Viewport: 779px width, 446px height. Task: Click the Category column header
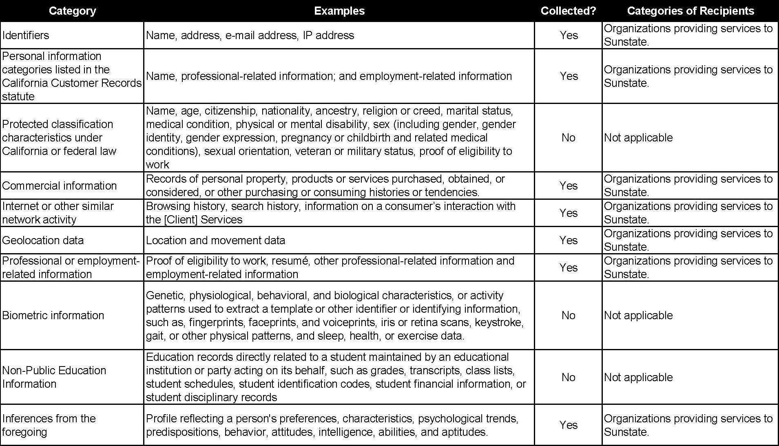72,11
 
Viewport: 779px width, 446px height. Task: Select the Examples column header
339,11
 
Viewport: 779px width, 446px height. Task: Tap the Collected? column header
568,11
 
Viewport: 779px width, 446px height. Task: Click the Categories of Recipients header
690,11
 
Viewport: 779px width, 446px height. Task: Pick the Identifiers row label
26,35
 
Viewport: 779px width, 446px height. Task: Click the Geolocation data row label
43,241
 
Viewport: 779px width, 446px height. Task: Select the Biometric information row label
53,316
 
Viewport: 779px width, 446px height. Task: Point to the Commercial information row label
60,186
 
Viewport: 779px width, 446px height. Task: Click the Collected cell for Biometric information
568,316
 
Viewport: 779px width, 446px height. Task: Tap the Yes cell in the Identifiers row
569,35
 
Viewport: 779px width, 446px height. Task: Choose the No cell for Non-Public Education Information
568,378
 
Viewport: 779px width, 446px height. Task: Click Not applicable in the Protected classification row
638,138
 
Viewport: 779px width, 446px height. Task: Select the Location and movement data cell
215,241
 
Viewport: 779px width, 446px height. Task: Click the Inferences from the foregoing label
49,425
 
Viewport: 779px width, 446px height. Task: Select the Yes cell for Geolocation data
569,241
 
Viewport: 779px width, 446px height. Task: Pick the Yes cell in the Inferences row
569,425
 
